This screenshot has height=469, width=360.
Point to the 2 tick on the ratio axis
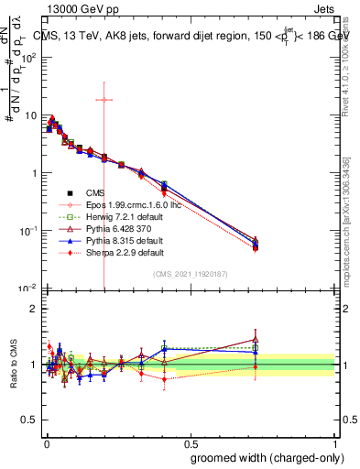pos(33,309)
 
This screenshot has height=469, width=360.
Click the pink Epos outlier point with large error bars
pos(104,99)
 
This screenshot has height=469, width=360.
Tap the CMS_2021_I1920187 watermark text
pos(191,274)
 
